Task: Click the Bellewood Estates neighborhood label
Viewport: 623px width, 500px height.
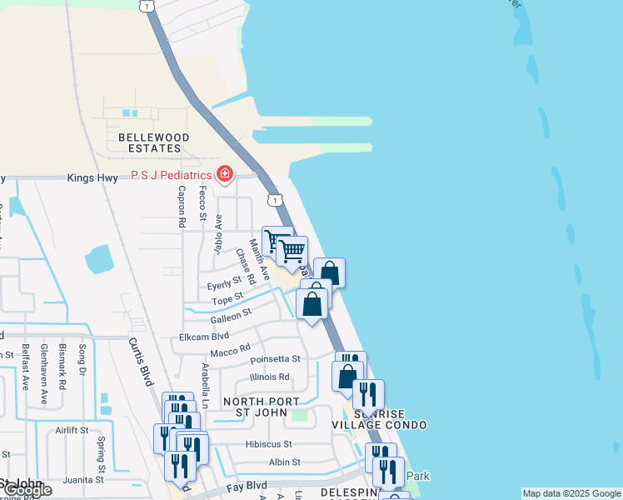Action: (154, 142)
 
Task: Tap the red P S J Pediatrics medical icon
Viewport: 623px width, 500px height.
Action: (224, 174)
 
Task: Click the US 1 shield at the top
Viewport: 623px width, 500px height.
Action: (147, 6)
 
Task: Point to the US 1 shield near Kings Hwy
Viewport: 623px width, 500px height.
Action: (274, 200)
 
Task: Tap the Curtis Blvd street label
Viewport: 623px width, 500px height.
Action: (142, 362)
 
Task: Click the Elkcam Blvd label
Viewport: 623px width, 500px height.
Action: (204, 337)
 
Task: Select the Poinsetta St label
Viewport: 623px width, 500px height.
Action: (275, 360)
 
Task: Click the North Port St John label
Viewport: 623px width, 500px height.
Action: (261, 407)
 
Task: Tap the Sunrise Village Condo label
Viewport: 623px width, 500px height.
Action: (391, 419)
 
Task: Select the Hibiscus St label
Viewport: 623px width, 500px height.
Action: (269, 445)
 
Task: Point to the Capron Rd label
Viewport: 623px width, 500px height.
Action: (181, 207)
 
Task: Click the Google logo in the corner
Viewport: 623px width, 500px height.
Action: (27, 489)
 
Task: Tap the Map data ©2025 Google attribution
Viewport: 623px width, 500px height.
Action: (571, 493)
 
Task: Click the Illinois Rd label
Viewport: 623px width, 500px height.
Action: (269, 377)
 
